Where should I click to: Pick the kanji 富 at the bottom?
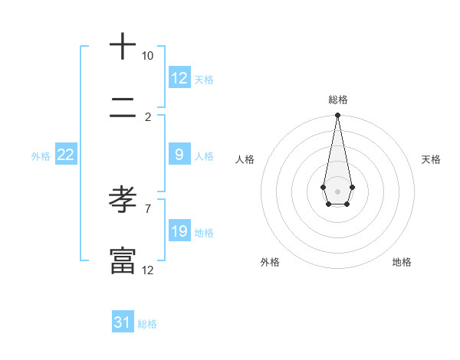[123, 260]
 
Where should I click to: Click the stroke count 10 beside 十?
[147, 56]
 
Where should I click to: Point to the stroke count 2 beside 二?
[148, 116]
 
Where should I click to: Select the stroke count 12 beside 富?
[148, 270]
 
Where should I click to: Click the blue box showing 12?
[179, 78]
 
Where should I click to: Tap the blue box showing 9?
[179, 155]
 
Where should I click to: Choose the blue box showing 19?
[179, 231]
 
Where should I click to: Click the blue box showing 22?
[66, 155]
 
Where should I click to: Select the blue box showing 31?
[123, 322]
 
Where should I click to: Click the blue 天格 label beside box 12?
[204, 80]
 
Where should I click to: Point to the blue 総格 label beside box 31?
[147, 324]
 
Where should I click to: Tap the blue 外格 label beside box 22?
[41, 156]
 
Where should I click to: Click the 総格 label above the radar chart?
[337, 100]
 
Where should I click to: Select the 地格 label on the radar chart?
[402, 262]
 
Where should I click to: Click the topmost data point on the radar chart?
[337, 116]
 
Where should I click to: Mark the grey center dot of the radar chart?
[337, 190]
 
